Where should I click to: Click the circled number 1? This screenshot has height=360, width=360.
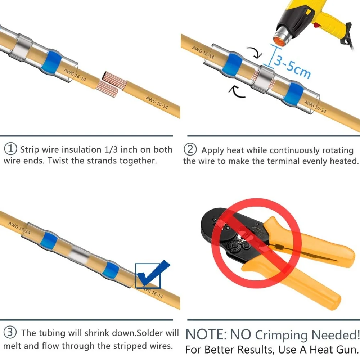[x=11, y=149]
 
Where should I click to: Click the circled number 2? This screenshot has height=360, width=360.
[x=189, y=149]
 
